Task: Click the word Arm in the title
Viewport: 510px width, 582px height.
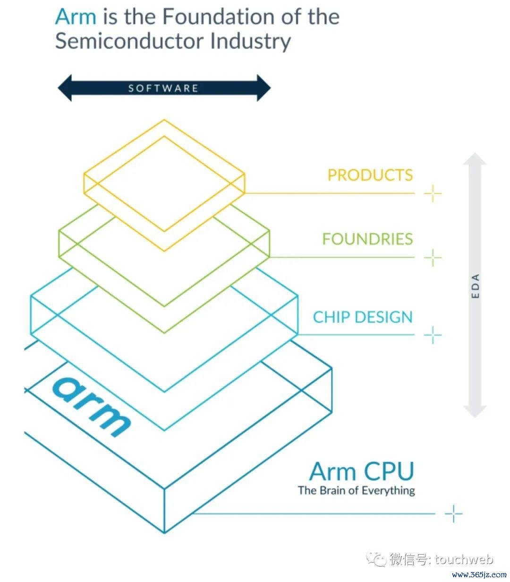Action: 76,17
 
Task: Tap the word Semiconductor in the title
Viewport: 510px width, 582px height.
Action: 129,41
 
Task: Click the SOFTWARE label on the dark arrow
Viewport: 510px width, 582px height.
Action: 163,88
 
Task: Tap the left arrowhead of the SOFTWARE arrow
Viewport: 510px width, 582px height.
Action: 65,88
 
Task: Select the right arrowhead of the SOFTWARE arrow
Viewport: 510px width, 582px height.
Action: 263,88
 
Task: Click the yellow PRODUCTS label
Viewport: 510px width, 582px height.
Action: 370,175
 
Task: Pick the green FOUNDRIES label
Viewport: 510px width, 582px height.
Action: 367,239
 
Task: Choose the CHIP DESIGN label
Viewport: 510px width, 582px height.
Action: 363,317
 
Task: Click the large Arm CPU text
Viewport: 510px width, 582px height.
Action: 362,471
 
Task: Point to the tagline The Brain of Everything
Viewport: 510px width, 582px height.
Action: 356,491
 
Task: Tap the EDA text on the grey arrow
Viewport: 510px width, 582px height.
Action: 475,286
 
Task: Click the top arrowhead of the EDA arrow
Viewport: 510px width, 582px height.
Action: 475,159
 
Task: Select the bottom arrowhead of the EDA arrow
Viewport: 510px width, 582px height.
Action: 475,411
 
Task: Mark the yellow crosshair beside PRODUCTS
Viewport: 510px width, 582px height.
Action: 433,193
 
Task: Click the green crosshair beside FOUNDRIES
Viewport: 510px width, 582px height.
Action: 433,257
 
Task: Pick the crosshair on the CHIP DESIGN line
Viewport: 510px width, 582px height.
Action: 433,335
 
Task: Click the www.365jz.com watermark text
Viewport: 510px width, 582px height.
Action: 479,574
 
